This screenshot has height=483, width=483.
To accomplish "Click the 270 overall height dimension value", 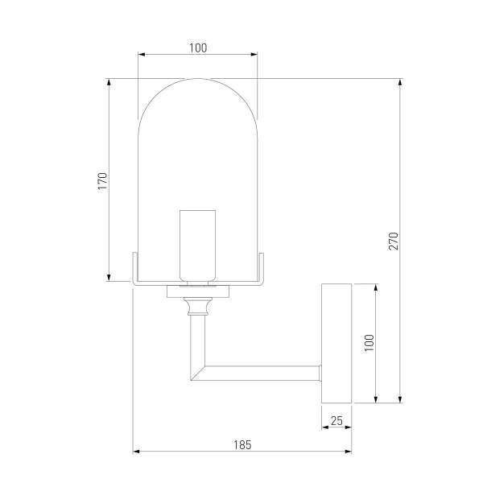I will pyautogui.click(x=393, y=241).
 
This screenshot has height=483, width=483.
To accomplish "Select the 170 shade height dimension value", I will pyautogui.click(x=101, y=180).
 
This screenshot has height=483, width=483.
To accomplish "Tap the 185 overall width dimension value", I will pyautogui.click(x=242, y=444).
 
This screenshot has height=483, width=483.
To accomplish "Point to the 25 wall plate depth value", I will pyautogui.click(x=336, y=419).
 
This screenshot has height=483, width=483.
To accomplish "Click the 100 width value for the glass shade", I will pyautogui.click(x=198, y=47).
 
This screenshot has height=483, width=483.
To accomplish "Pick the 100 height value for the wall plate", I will pyautogui.click(x=369, y=343).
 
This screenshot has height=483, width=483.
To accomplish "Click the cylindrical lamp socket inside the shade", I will pyautogui.click(x=197, y=246).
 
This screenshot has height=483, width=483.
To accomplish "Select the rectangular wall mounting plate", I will pyautogui.click(x=336, y=343).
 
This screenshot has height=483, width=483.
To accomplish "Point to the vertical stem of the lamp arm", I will pyautogui.click(x=197, y=338).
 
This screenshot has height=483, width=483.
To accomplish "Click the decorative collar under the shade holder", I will pyautogui.click(x=197, y=305).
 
